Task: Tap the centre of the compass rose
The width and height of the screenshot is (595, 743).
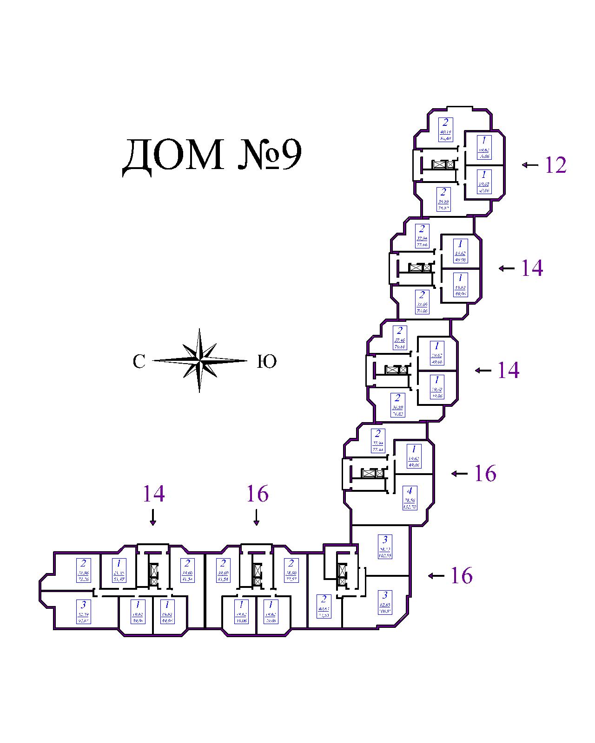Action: tap(199, 360)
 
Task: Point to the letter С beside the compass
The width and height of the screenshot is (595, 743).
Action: tap(139, 362)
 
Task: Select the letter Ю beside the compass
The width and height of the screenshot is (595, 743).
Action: tap(267, 362)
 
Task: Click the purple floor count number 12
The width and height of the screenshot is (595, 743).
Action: tap(555, 165)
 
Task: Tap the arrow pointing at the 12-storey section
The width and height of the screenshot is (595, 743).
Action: tap(530, 165)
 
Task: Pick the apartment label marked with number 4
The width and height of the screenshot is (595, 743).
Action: tap(410, 498)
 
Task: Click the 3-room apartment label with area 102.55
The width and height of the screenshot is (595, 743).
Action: tap(385, 547)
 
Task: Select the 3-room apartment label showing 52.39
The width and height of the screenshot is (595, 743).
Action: tap(83, 611)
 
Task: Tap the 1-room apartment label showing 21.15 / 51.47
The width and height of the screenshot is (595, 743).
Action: tap(119, 571)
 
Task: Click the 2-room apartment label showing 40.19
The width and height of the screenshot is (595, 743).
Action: tap(445, 130)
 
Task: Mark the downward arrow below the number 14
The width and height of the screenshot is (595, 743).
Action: tap(153, 517)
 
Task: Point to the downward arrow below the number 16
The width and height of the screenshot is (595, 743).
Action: tap(256, 517)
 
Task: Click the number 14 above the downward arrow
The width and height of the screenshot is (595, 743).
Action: tap(153, 494)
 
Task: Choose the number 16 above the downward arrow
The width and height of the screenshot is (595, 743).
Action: tap(257, 494)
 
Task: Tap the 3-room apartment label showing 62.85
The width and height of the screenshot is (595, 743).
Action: tap(385, 602)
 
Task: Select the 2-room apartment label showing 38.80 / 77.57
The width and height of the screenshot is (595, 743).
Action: tap(291, 571)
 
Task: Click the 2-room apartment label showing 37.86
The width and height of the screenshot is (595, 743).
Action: tap(83, 571)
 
